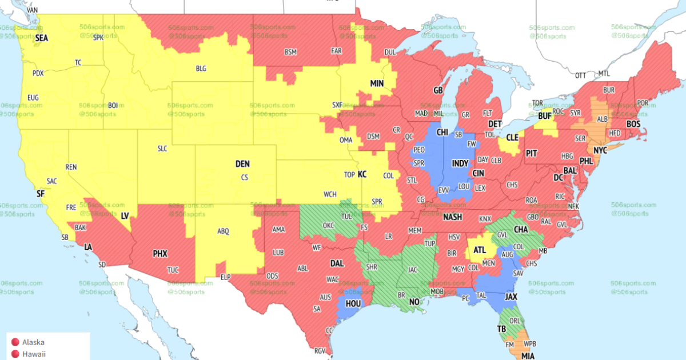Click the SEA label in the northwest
pyautogui.click(x=42, y=38)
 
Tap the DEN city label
pyautogui.click(x=242, y=164)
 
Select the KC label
pyautogui.click(x=362, y=174)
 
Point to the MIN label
pyautogui.click(x=377, y=83)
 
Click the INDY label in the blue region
pyautogui.click(x=460, y=163)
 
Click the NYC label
pyautogui.click(x=600, y=151)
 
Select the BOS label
pyautogui.click(x=633, y=124)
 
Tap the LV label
pyautogui.click(x=125, y=215)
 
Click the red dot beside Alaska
pyautogui.click(x=15, y=342)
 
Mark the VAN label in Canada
pyautogui.click(x=33, y=10)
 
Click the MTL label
pyautogui.click(x=604, y=74)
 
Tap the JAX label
pyautogui.click(x=511, y=297)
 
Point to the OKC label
pyautogui.click(x=328, y=226)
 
